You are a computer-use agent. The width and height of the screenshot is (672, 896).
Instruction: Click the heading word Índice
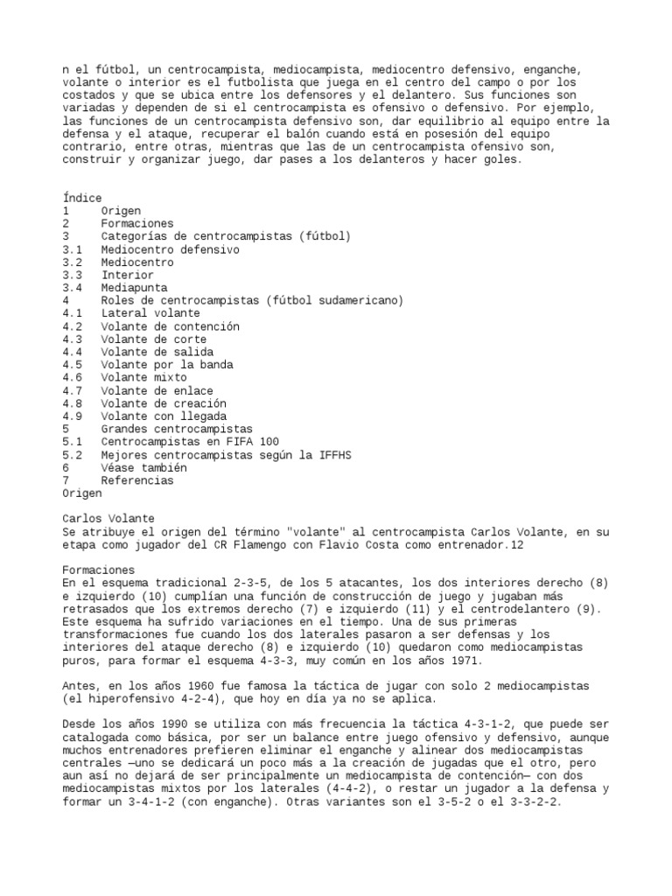coord(82,199)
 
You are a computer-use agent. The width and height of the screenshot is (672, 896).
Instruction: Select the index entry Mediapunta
coord(134,288)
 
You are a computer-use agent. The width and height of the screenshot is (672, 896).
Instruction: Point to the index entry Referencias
coord(136,480)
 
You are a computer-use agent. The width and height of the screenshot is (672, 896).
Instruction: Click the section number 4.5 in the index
coord(72,365)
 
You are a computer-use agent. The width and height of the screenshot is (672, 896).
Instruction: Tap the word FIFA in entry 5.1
coord(240,442)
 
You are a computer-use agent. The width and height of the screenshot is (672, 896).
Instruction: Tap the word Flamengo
coord(264,544)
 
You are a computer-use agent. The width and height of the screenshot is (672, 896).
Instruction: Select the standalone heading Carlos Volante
coord(108,519)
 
